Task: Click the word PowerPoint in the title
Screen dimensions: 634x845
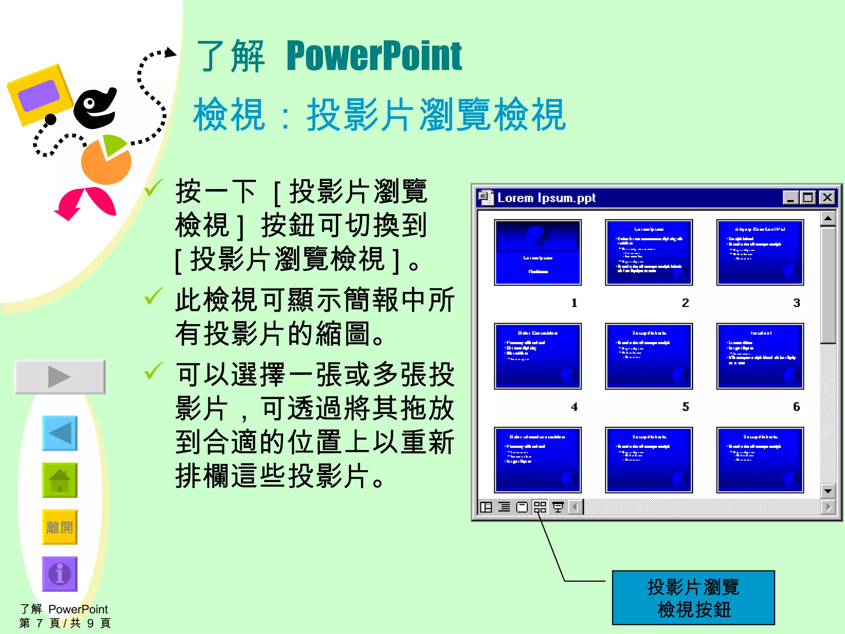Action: pyautogui.click(x=374, y=56)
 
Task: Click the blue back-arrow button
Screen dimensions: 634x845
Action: pyautogui.click(x=60, y=433)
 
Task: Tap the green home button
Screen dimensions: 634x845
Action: pyautogui.click(x=60, y=480)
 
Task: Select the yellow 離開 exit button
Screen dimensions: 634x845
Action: pyautogui.click(x=60, y=527)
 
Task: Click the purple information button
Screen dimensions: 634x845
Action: pyautogui.click(x=60, y=574)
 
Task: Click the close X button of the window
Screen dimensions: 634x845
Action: pyautogui.click(x=827, y=198)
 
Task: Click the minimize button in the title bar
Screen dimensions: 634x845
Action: pyautogui.click(x=791, y=198)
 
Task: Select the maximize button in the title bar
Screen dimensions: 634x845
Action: pyautogui.click(x=808, y=198)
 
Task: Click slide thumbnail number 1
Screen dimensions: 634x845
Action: pyautogui.click(x=538, y=252)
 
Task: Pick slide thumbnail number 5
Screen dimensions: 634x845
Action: pyautogui.click(x=649, y=356)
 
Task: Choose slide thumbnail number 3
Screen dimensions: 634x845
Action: pyautogui.click(x=760, y=252)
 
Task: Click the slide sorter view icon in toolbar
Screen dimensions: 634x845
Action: pyautogui.click(x=540, y=507)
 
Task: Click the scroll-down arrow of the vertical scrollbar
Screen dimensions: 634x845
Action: pyautogui.click(x=828, y=491)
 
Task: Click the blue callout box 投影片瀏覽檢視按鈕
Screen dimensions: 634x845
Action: pyautogui.click(x=693, y=598)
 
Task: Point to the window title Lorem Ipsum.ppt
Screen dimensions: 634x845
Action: pyautogui.click(x=546, y=198)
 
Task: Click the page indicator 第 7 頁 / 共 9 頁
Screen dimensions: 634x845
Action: pyautogui.click(x=65, y=623)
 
